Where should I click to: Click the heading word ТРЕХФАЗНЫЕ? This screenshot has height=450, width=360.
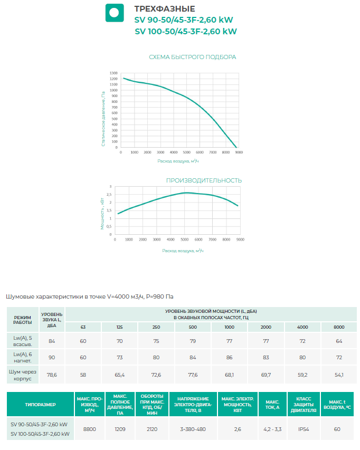(x=165, y=9)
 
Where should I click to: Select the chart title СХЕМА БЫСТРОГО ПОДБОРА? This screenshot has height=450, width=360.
(x=193, y=57)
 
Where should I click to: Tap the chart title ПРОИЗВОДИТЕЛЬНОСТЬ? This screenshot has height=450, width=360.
(x=204, y=180)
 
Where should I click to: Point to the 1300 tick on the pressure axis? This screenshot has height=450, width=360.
(x=113, y=73)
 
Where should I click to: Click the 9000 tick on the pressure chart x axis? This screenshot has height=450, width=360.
(x=239, y=152)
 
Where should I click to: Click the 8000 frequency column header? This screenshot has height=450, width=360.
(x=338, y=327)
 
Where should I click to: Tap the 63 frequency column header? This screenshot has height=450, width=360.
(x=83, y=327)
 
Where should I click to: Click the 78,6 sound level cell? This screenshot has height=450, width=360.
(x=52, y=375)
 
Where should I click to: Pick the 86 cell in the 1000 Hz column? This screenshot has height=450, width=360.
(x=229, y=358)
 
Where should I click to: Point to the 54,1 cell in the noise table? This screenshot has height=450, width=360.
(x=338, y=375)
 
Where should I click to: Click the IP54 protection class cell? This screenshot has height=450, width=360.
(x=303, y=429)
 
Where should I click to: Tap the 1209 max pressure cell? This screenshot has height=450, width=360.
(x=120, y=429)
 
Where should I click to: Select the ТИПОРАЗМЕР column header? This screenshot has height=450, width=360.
(x=40, y=405)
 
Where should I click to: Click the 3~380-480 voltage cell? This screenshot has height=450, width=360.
(x=192, y=429)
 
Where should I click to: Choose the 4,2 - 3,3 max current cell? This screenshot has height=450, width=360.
(x=272, y=429)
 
